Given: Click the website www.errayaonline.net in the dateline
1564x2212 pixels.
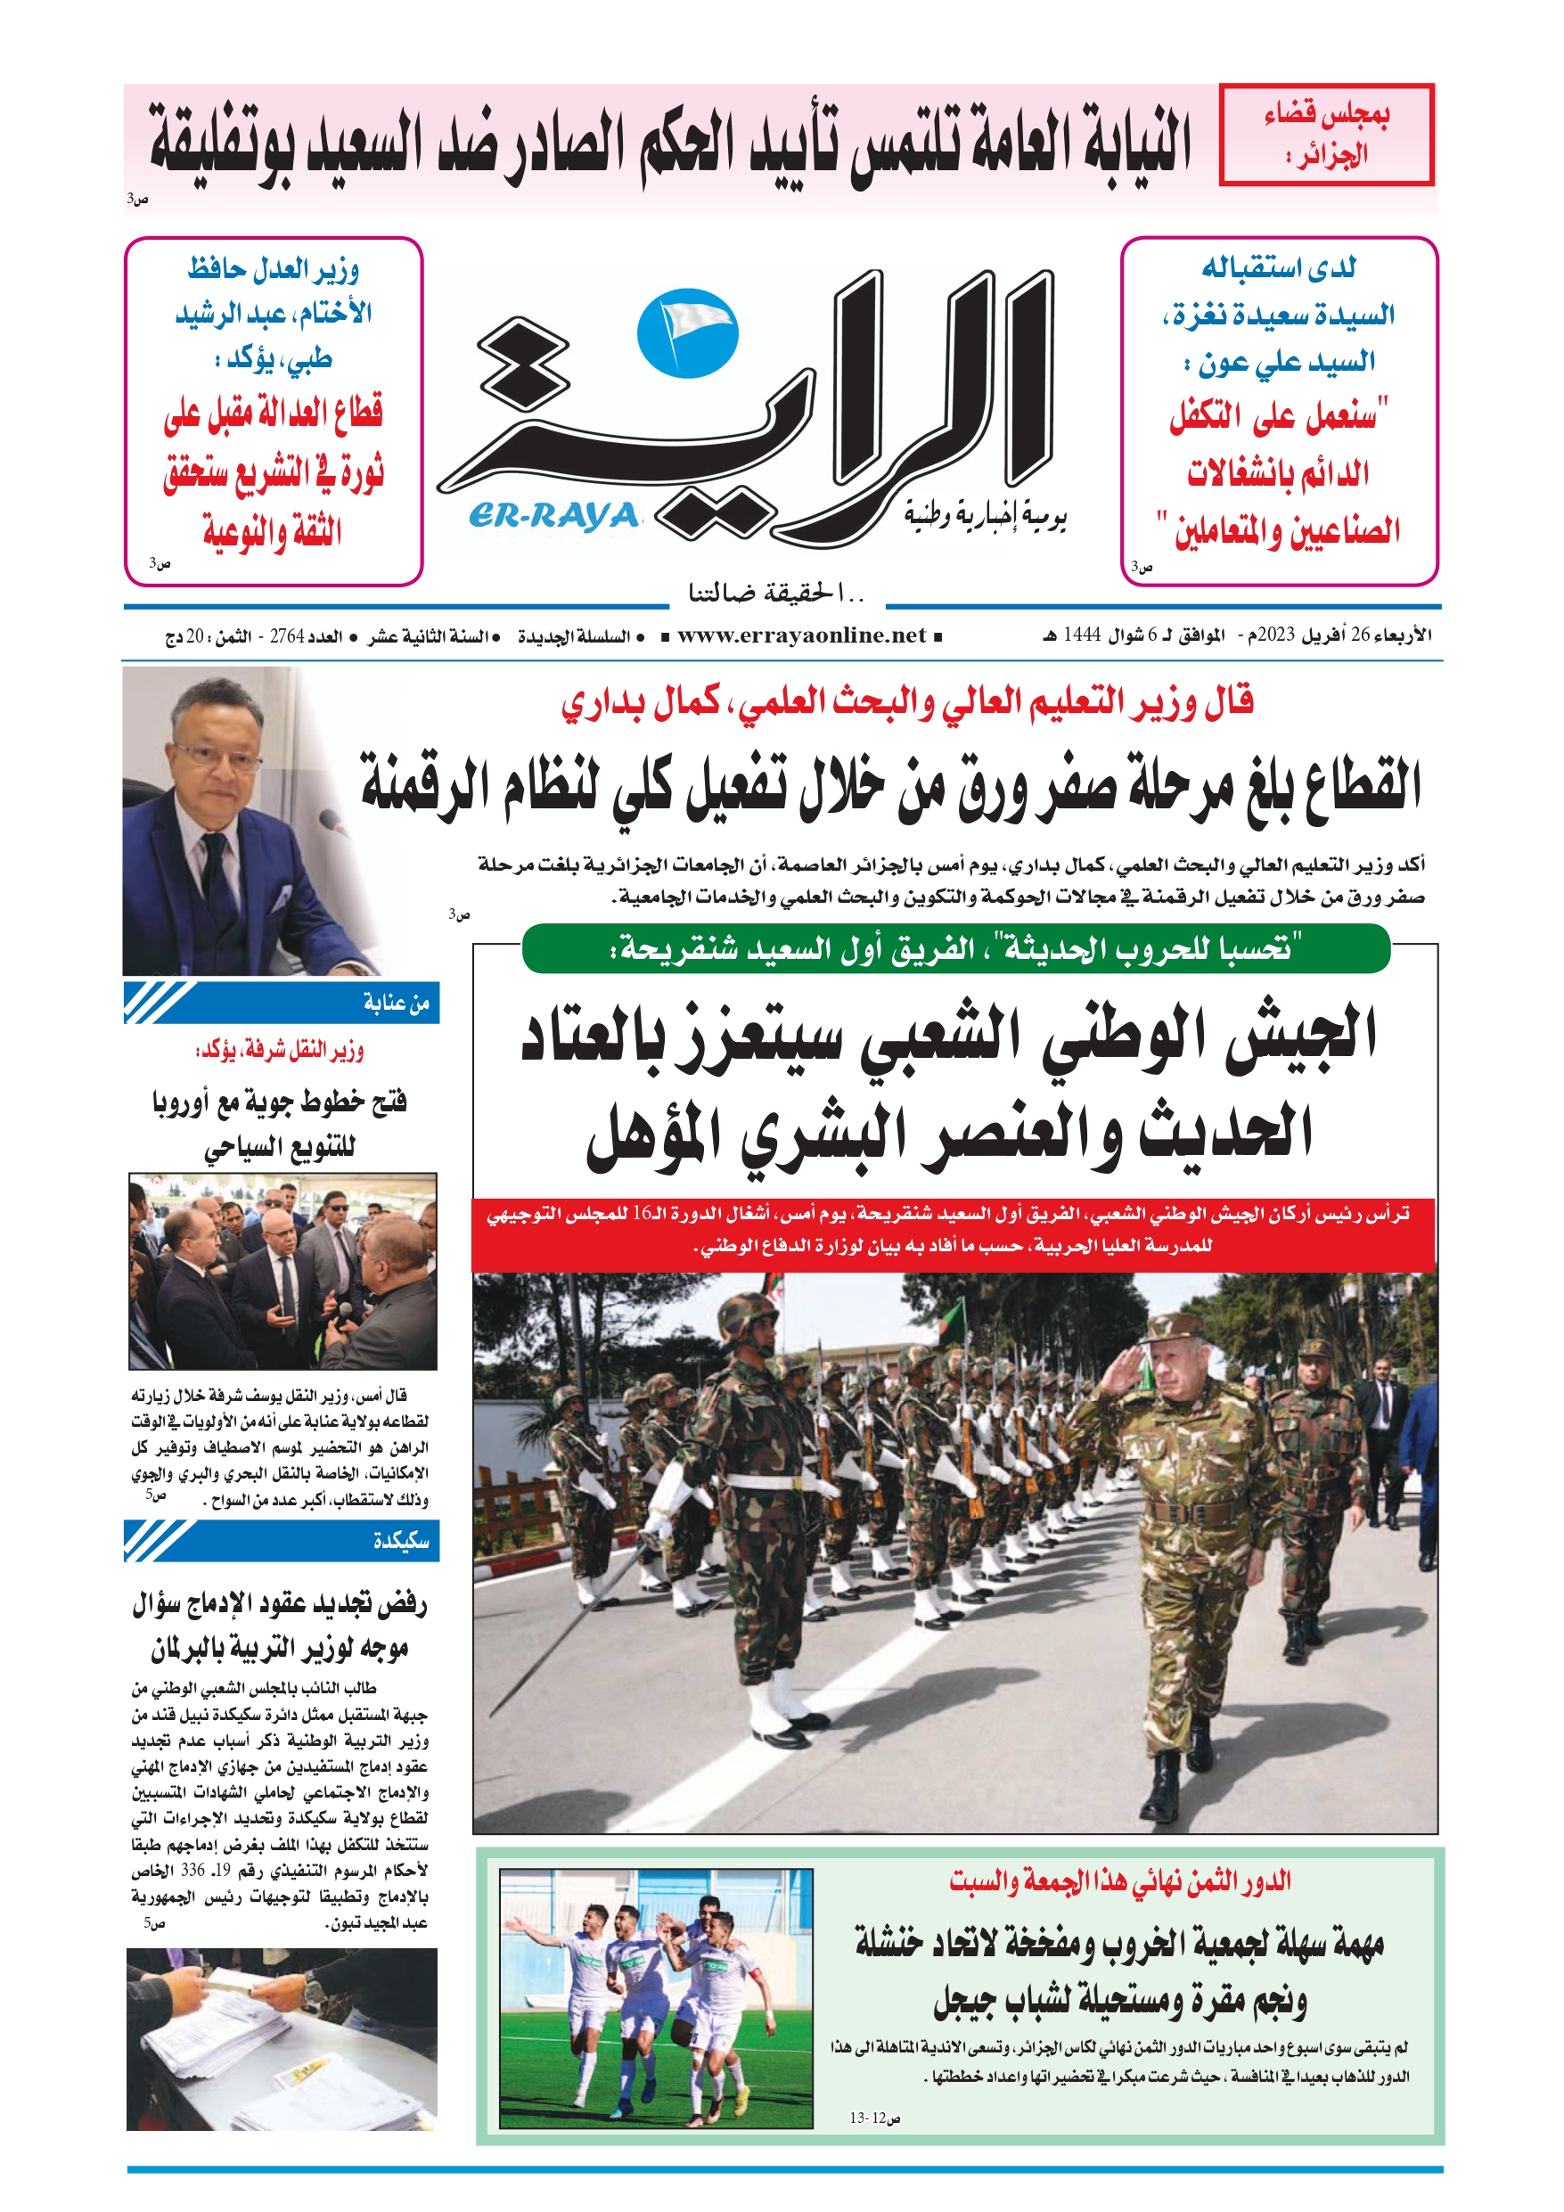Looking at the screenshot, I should (x=801, y=635).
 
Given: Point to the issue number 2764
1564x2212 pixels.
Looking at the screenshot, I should (x=287, y=637).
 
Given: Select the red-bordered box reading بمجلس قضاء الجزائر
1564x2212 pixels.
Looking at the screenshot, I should (x=1326, y=135).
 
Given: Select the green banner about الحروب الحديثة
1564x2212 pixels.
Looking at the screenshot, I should (x=956, y=949).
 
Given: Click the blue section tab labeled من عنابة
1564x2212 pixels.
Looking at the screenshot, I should (x=282, y=1003).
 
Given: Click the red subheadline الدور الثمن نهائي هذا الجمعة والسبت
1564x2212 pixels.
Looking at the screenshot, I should (x=1120, y=1881).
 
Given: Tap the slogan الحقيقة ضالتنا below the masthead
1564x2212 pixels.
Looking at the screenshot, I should (x=777, y=594).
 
